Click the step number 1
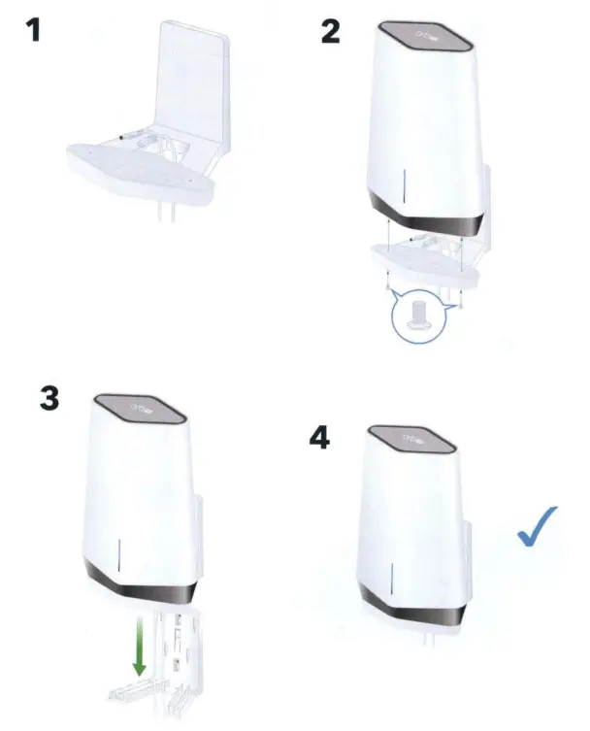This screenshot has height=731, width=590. coord(34,31)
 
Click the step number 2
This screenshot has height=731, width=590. coord(331,31)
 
